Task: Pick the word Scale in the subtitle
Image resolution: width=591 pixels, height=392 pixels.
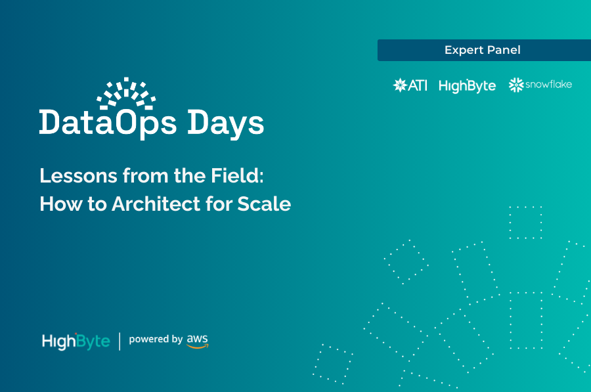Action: point(265,204)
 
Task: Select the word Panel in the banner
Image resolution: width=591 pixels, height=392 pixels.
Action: point(504,51)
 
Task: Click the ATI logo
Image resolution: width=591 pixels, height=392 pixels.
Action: point(410,85)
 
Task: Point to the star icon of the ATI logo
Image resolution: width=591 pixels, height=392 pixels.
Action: point(399,85)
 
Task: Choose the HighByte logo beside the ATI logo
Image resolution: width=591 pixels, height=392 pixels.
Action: point(467,86)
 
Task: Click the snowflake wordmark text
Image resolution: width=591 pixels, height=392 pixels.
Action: point(548,85)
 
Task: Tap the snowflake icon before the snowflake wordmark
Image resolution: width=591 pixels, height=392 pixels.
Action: point(515,85)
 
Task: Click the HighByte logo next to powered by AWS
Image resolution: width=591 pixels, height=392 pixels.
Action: point(76,341)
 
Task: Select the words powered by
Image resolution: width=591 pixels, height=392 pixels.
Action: point(156,339)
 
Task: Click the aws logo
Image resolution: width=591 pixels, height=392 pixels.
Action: point(197,340)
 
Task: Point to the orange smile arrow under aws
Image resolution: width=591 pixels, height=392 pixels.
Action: point(197,346)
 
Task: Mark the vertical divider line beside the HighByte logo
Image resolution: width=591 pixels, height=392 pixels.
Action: point(120,341)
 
